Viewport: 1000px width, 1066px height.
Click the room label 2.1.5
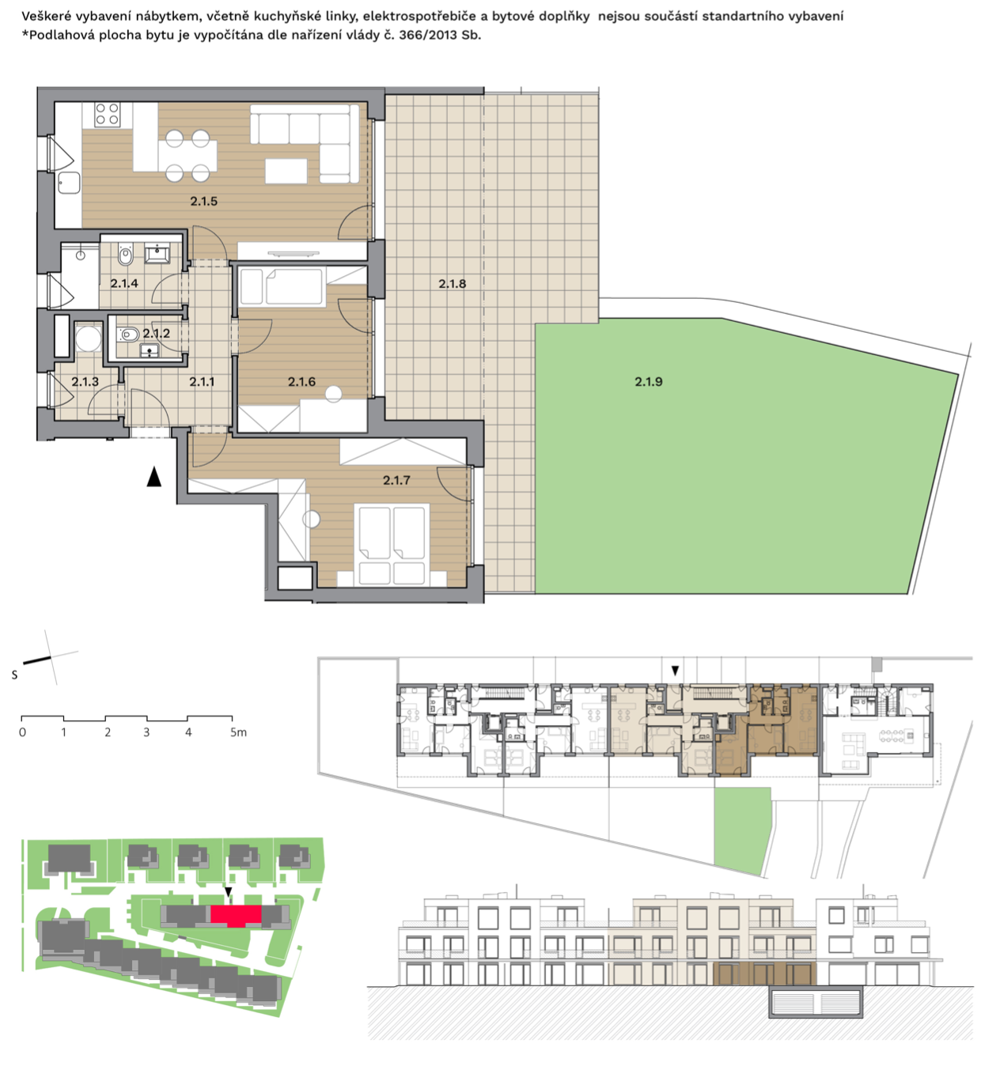click(203, 202)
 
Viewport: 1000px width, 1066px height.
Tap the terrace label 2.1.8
click(452, 283)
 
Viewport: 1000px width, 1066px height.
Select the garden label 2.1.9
click(648, 382)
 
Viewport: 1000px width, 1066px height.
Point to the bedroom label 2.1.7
click(396, 480)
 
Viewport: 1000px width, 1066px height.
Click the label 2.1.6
click(301, 382)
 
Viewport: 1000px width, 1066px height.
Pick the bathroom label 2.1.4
click(124, 283)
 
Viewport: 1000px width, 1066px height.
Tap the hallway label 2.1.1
click(202, 382)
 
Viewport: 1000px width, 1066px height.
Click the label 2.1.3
click(85, 382)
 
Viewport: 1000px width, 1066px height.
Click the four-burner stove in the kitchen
click(106, 114)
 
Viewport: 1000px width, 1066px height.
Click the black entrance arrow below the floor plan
click(154, 477)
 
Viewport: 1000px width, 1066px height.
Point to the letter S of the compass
click(14, 675)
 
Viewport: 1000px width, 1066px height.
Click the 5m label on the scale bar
click(238, 732)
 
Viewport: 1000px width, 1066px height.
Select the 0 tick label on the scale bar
click(22, 732)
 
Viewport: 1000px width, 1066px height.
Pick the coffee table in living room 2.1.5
click(286, 172)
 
